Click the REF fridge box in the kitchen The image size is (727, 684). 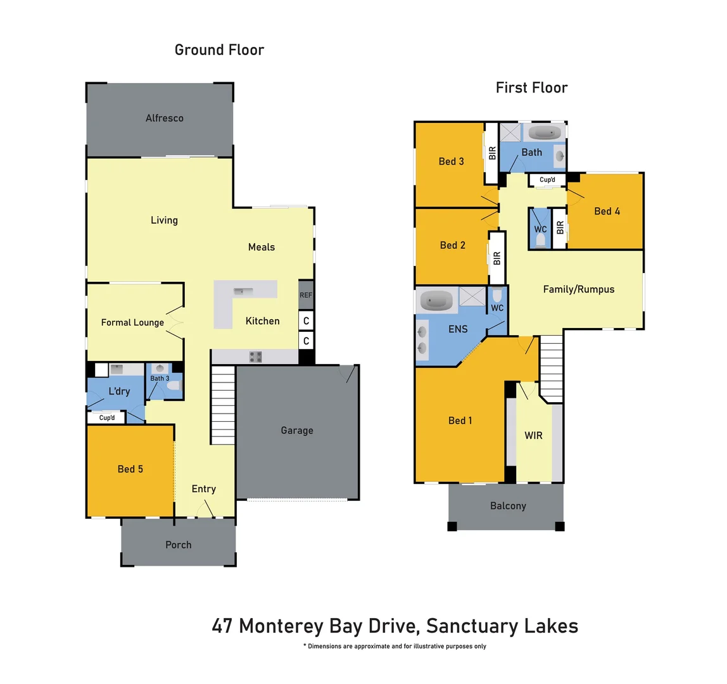pyautogui.click(x=306, y=295)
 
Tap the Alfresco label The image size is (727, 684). pyautogui.click(x=165, y=118)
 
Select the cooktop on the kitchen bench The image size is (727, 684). pyautogui.click(x=255, y=357)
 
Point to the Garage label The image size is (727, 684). pyautogui.click(x=297, y=431)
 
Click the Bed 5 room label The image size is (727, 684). pyautogui.click(x=130, y=469)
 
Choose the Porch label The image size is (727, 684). pyautogui.click(x=178, y=545)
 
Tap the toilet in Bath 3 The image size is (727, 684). pyautogui.click(x=174, y=385)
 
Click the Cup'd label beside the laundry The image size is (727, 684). pyautogui.click(x=107, y=418)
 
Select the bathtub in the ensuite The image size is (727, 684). pyautogui.click(x=437, y=300)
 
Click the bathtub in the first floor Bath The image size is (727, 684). pyautogui.click(x=545, y=133)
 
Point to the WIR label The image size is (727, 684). pyautogui.click(x=533, y=436)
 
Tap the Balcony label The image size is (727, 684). pyautogui.click(x=508, y=506)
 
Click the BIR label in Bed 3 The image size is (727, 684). pyautogui.click(x=492, y=153)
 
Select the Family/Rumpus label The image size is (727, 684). pyautogui.click(x=579, y=289)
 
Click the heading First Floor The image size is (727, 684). pyautogui.click(x=531, y=88)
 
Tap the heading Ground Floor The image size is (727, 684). pyautogui.click(x=219, y=50)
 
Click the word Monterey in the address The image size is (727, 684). pyautogui.click(x=282, y=626)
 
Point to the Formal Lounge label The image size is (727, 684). pyautogui.click(x=132, y=322)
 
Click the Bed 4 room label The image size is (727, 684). pyautogui.click(x=607, y=212)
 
